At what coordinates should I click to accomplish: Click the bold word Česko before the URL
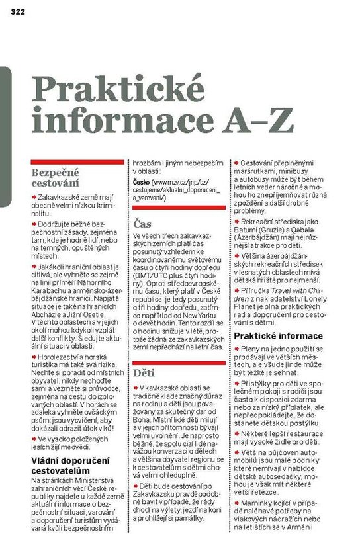click(141, 181)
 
